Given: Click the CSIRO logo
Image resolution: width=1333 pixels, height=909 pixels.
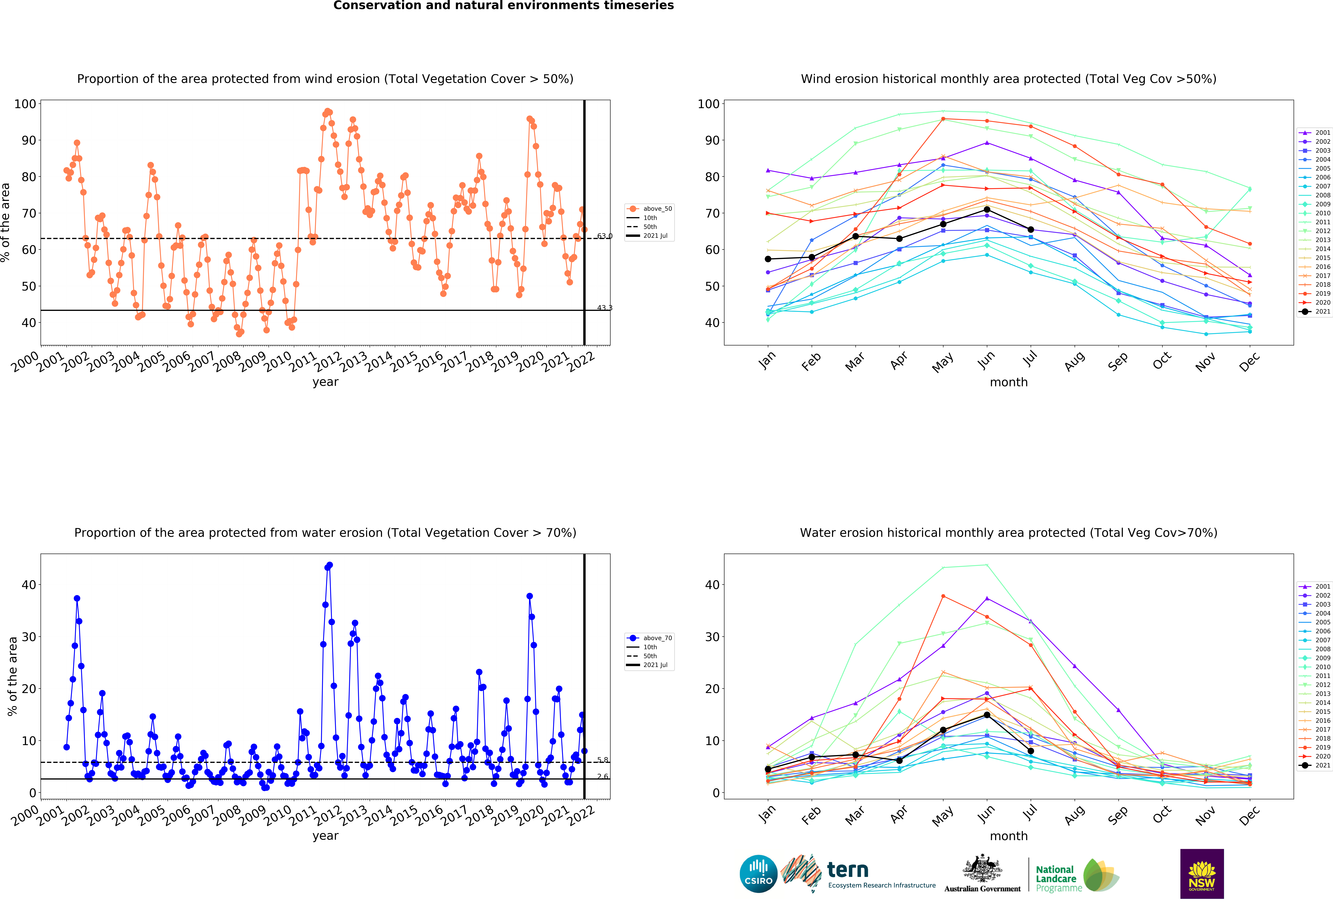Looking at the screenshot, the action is [x=758, y=873].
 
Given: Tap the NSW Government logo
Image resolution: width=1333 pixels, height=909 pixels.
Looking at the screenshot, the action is [x=1202, y=873].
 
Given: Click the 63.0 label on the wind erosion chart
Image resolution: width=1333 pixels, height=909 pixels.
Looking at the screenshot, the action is [x=605, y=236].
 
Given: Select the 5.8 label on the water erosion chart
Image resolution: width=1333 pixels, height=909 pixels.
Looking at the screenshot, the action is [x=602, y=760].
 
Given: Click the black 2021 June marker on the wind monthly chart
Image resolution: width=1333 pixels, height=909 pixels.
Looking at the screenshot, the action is [x=987, y=209].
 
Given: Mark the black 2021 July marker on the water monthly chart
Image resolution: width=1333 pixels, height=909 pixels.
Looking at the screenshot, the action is [x=1031, y=751].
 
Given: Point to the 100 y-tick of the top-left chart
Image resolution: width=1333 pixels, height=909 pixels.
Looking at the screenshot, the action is [x=25, y=104].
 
